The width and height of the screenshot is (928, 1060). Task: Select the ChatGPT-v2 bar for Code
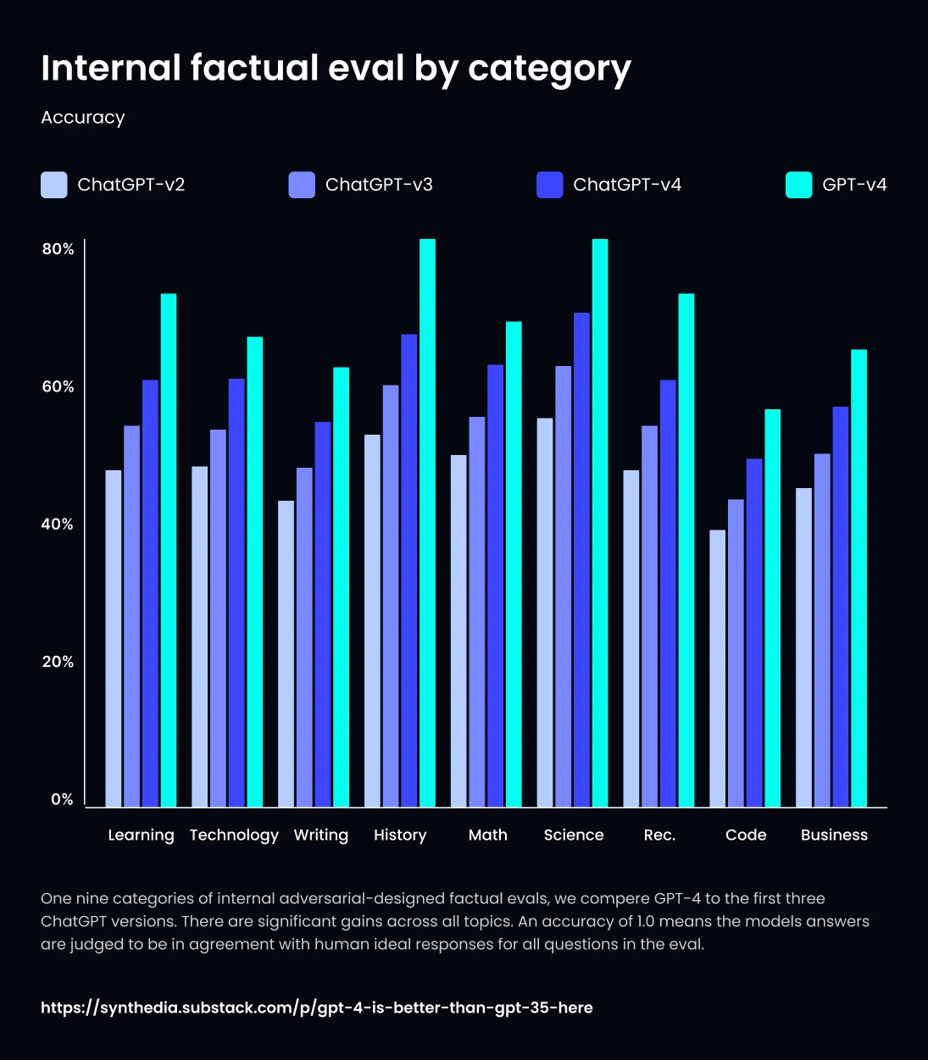coord(717,669)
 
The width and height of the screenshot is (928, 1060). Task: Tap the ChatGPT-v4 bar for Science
coord(581,559)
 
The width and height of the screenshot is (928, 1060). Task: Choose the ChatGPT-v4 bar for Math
coord(495,585)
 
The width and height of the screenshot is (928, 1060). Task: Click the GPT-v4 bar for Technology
coord(254,572)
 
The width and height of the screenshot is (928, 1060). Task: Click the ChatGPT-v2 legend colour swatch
coord(54,185)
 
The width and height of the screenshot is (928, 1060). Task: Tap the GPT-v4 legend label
coord(854,185)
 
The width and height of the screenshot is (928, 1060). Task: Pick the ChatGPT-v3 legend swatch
coord(302,185)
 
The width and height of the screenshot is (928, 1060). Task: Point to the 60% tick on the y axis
coord(58,386)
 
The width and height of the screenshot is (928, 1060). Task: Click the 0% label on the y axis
coord(62,799)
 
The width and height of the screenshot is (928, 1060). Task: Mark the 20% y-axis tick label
coord(58,662)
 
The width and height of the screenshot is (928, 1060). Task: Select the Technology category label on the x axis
coord(234,835)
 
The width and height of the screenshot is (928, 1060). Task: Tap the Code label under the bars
coord(746,835)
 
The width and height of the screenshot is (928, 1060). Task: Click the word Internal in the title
coord(111,68)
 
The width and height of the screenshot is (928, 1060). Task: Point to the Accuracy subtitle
coord(83,118)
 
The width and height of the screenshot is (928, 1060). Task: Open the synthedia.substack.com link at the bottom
coord(317,1007)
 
